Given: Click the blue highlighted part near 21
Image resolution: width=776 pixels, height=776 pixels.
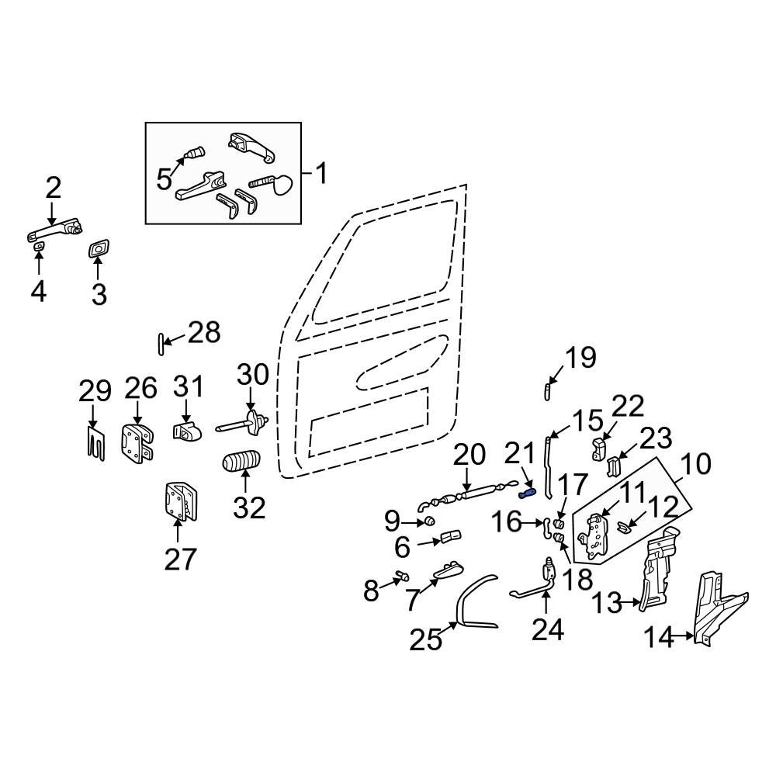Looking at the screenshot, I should [527, 491].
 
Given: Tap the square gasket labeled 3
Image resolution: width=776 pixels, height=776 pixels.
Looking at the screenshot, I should [99, 249].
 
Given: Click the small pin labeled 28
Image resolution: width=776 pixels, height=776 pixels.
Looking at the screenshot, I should [160, 342].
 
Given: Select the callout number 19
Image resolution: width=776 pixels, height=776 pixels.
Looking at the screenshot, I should [580, 358].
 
